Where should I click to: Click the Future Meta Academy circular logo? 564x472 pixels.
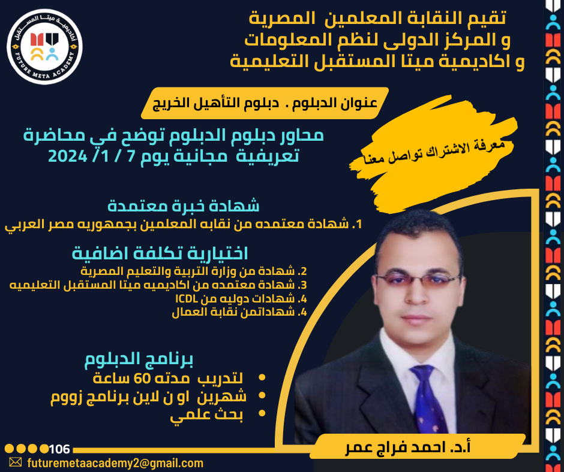pos(44,47)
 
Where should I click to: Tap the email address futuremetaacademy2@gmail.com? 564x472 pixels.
pos(115,463)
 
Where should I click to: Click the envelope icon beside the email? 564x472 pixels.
pos(16,462)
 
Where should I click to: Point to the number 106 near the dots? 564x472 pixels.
pos(59,449)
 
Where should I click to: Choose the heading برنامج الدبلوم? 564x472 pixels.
pos(139,359)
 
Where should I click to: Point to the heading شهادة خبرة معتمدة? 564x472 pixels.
pos(184,206)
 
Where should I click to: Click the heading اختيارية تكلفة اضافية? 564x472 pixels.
pos(160,253)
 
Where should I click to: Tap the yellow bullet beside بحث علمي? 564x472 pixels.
pos(262,413)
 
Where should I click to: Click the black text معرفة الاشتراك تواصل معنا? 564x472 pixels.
pos(434,152)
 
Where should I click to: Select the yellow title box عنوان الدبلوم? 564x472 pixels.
pos(265,103)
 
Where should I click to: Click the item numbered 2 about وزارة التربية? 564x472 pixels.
pos(194,271)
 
